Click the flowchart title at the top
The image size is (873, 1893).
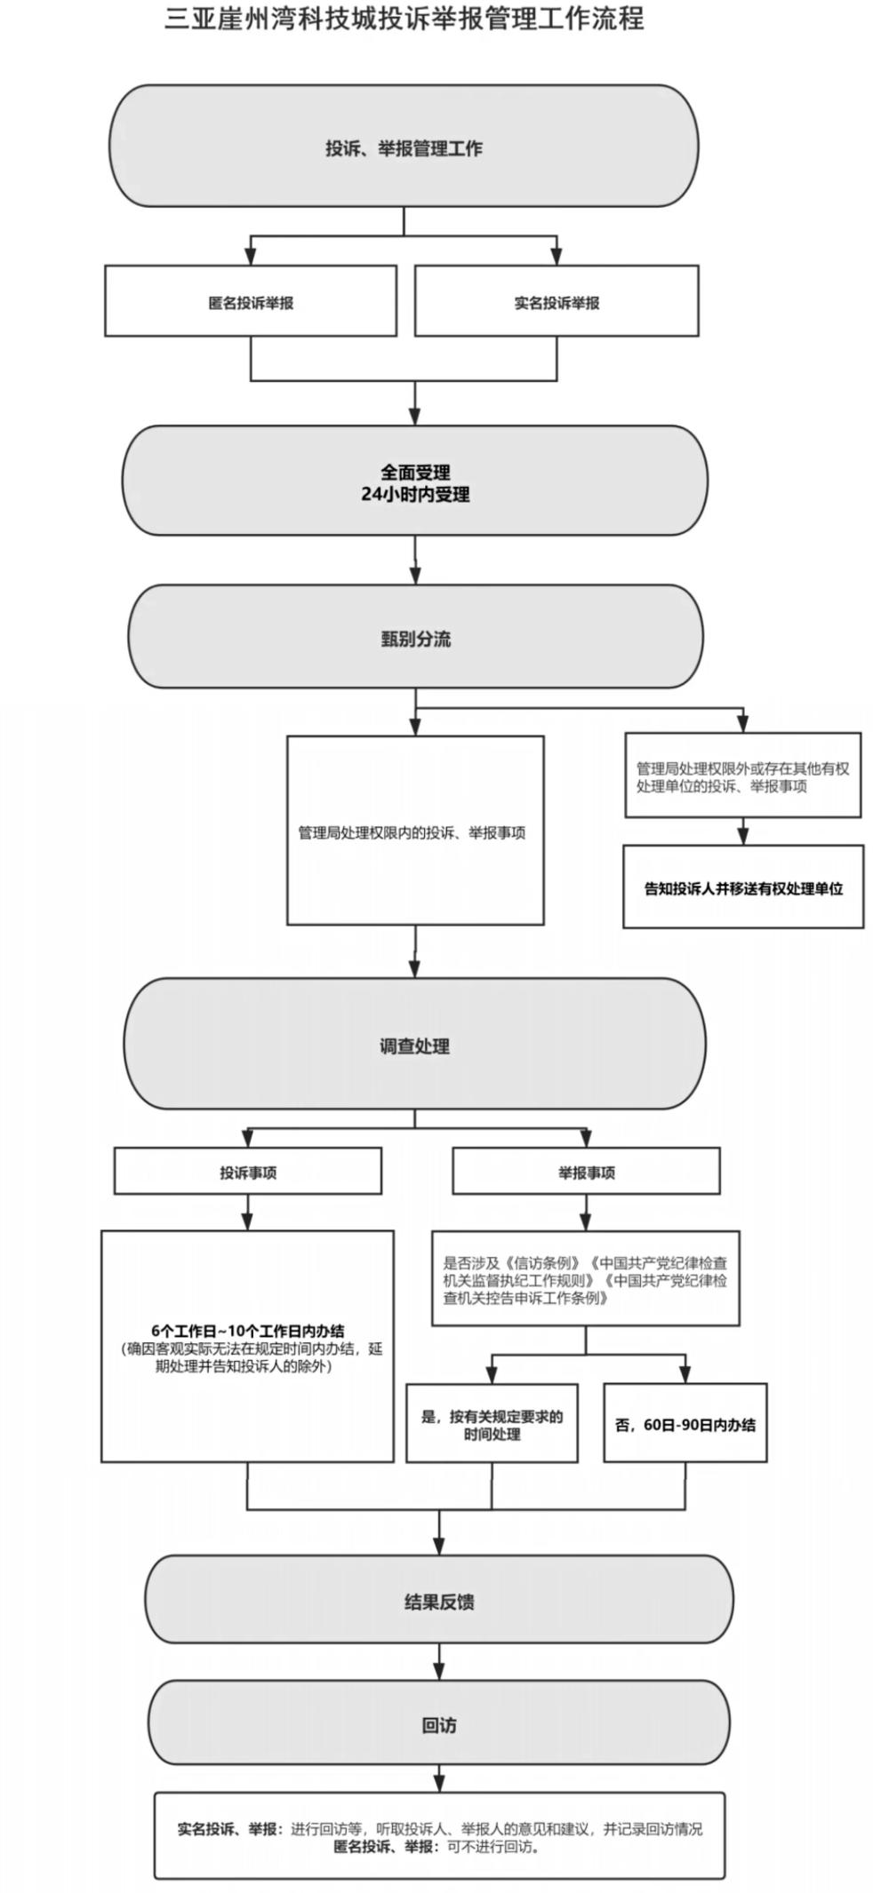click(x=404, y=19)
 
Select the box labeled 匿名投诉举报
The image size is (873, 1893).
click(x=251, y=301)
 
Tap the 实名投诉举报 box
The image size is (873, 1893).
click(x=557, y=301)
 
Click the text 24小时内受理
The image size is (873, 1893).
click(x=415, y=494)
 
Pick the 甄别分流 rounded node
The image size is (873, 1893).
click(x=415, y=636)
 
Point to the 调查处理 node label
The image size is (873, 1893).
click(x=414, y=1046)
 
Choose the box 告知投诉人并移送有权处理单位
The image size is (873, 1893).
click(x=743, y=887)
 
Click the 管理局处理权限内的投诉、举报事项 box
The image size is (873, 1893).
click(x=415, y=830)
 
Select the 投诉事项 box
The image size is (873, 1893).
click(x=248, y=1171)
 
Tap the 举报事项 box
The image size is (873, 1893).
click(x=586, y=1171)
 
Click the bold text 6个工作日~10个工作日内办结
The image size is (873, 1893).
click(x=247, y=1331)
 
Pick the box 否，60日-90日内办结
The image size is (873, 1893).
click(x=685, y=1423)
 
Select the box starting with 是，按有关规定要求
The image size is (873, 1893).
click(x=492, y=1423)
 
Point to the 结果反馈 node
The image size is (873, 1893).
click(x=439, y=1599)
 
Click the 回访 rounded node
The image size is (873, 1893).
click(x=439, y=1722)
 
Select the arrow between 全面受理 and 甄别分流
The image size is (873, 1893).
click(x=415, y=560)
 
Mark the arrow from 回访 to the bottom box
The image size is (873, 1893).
click(x=439, y=1779)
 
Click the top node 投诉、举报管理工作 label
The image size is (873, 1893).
click(x=404, y=147)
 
